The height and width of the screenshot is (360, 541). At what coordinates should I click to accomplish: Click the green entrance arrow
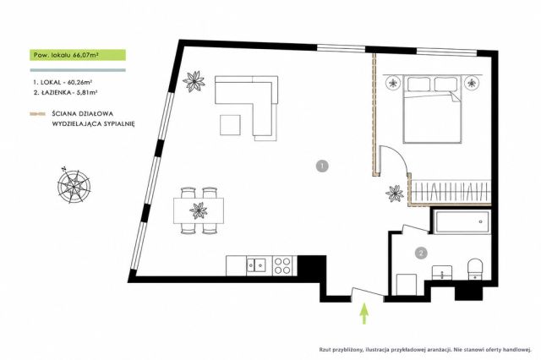pos(364,314)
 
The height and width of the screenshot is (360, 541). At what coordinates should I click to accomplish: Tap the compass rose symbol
pos(74,186)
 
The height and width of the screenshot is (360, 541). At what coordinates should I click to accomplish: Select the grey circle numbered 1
pos(322,166)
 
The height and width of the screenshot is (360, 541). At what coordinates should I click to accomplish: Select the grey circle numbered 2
pos(421,254)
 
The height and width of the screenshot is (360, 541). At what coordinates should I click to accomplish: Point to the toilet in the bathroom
pos(476,269)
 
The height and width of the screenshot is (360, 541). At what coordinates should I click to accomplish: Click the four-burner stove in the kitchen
pos(282,265)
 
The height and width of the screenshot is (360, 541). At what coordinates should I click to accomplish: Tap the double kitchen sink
pos(256,265)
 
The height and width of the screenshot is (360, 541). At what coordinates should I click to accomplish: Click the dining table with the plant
pos(199,210)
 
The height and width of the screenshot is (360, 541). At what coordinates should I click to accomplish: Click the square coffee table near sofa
pos(230,125)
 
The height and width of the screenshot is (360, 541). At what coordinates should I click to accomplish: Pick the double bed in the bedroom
pos(432,110)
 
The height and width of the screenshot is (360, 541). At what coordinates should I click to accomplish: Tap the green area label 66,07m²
pos(78,55)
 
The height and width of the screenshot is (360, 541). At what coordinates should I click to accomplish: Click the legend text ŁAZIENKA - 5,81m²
pos(65,92)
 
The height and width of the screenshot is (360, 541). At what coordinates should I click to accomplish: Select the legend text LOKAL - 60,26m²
pos(63,82)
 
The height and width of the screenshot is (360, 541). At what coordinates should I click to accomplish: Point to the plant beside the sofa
pos(194,81)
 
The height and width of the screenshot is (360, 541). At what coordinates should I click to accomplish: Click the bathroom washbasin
pos(442,272)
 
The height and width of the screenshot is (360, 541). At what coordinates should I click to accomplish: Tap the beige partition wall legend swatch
pos(37,114)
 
